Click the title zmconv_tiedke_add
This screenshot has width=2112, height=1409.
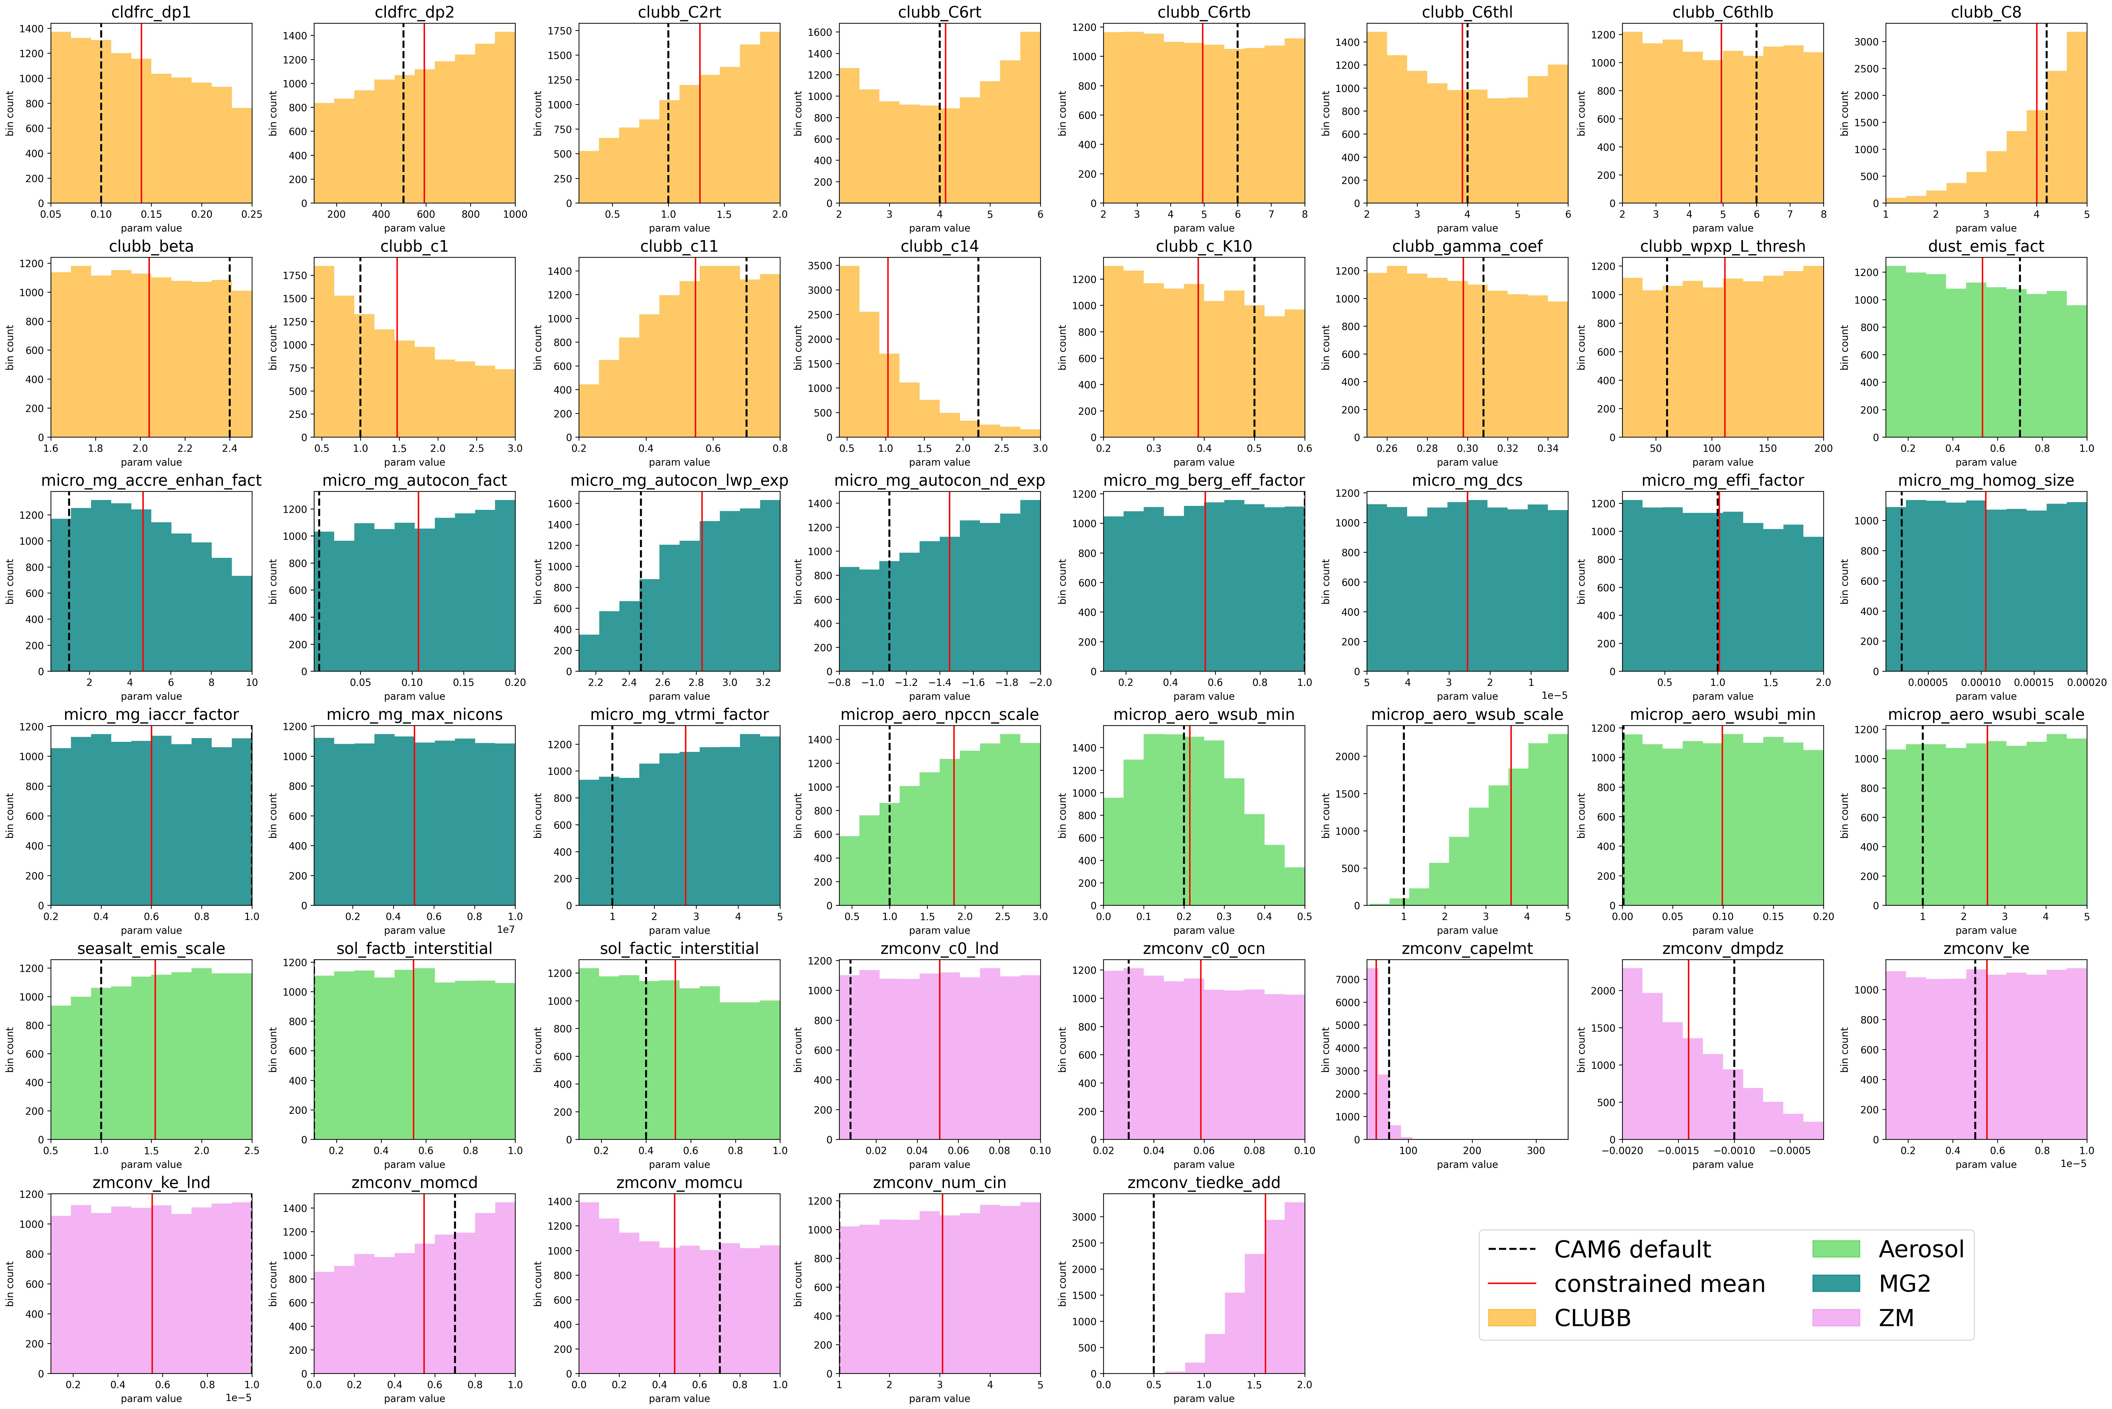click(x=1203, y=1183)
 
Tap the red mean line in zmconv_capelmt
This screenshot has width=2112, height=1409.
click(x=1376, y=1051)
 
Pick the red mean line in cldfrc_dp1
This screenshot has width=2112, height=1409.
click(x=141, y=117)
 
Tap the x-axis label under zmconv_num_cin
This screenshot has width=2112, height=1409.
click(x=939, y=1398)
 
